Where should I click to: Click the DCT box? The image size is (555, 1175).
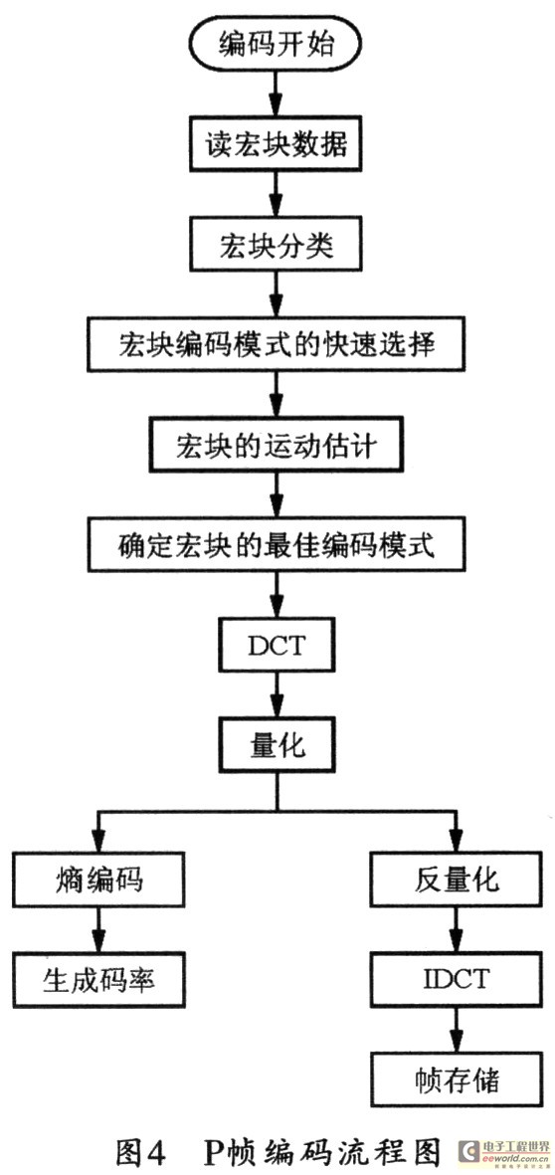(277, 645)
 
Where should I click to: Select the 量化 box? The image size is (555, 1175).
(277, 744)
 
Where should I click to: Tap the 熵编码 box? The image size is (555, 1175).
(98, 879)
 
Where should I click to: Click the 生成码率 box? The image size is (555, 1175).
(98, 979)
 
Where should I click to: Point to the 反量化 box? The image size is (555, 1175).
(457, 879)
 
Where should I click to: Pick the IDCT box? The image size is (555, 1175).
(457, 979)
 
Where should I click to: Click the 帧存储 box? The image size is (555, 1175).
(457, 1079)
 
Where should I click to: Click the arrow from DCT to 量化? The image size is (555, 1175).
(277, 694)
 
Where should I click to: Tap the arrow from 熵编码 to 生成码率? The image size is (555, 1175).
(98, 929)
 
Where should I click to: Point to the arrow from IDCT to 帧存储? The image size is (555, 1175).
(457, 1030)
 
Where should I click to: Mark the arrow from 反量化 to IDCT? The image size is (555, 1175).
(457, 929)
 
